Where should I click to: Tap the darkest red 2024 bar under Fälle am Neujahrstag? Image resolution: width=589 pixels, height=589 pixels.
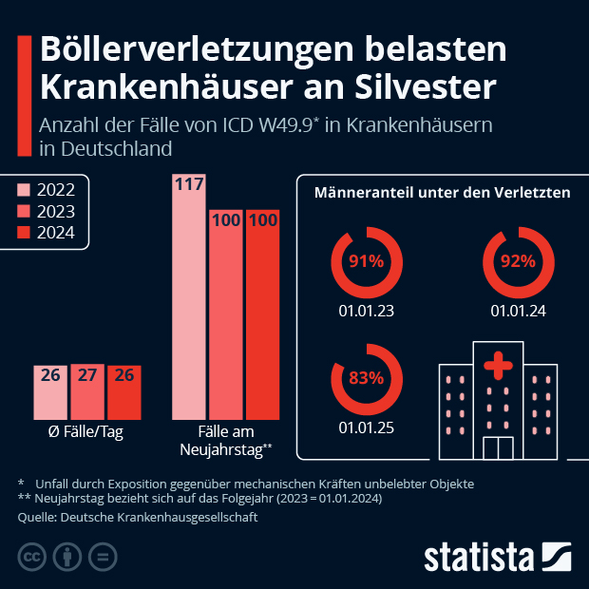click(262, 313)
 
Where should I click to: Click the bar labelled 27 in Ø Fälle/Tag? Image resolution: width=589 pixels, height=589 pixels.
click(87, 391)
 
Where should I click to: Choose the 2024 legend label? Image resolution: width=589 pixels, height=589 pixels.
click(57, 233)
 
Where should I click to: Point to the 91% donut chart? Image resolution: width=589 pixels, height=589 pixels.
click(365, 261)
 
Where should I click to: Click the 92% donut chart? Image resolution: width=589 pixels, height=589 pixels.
click(518, 261)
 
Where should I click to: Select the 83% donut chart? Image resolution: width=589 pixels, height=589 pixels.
click(365, 377)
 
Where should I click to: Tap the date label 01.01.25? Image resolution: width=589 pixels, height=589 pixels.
click(366, 427)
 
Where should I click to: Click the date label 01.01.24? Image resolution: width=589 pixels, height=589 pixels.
click(518, 311)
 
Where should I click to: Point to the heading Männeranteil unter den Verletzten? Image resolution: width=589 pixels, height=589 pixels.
click(442, 193)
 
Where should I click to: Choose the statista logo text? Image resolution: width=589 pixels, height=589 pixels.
click(480, 556)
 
